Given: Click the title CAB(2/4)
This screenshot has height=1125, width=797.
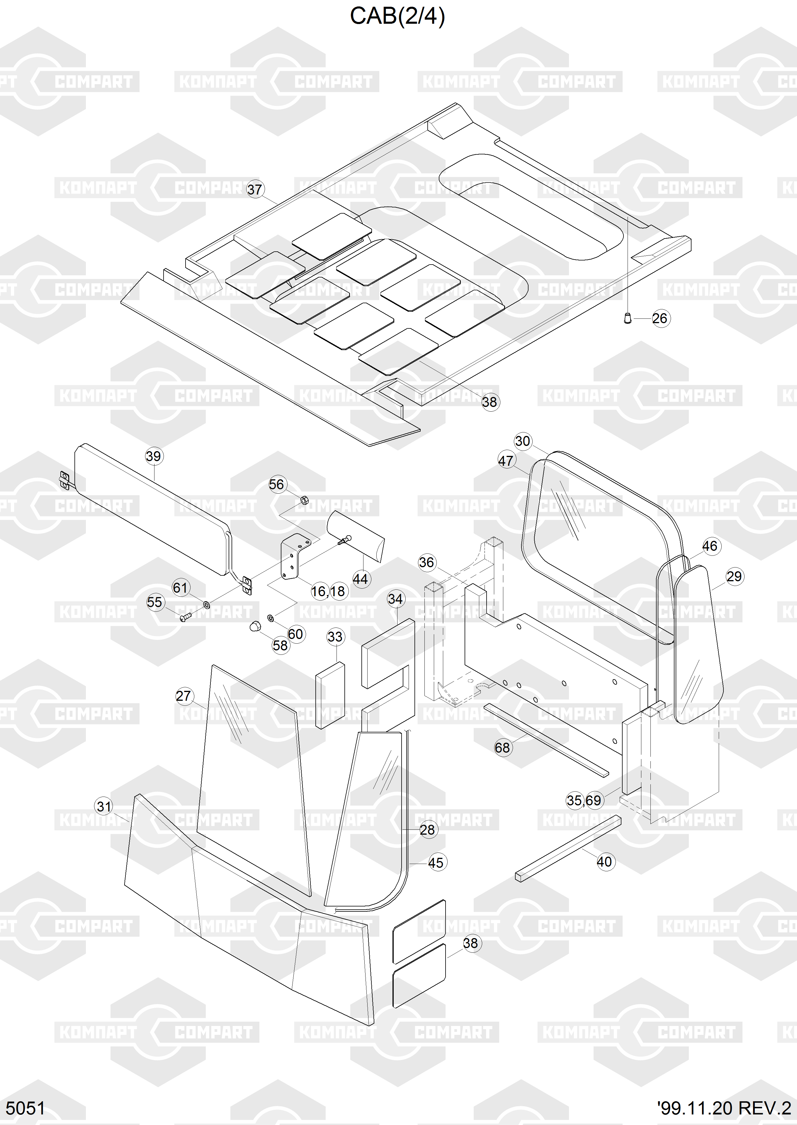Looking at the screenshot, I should tap(397, 16).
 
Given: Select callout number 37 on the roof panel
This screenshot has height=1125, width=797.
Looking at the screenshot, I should tap(255, 189).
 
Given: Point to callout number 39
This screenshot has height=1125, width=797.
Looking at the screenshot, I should tap(154, 456).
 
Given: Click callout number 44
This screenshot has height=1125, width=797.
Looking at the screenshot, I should tap(360, 579).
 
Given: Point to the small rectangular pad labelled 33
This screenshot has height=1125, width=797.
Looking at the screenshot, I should tap(330, 694).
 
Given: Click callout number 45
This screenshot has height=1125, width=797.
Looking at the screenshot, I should tap(436, 862).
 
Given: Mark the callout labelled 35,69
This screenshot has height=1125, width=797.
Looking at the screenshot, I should tap(584, 801).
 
